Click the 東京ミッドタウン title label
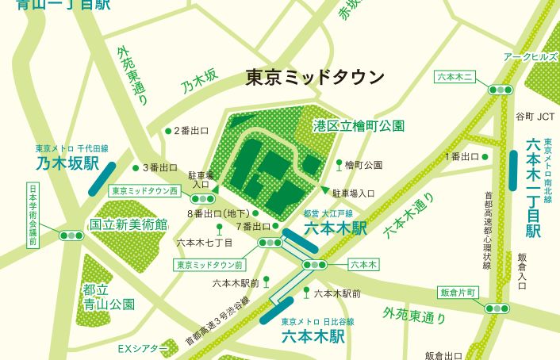click(315, 78)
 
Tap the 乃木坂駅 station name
click(67, 165)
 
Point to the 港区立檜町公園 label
click(359, 125)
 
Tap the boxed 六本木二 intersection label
click(456, 77)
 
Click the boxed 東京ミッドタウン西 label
click(145, 191)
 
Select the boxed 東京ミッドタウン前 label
click(210, 265)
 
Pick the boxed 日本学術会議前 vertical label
click(33, 215)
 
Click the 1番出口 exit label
click(462, 156)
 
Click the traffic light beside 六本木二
click(501, 90)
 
